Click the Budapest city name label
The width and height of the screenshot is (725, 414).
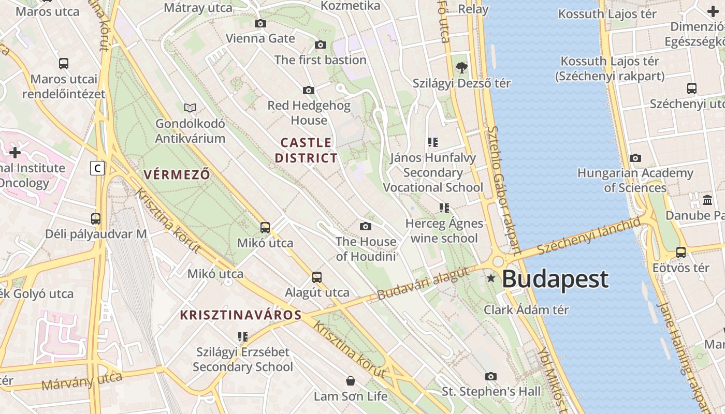(555, 279)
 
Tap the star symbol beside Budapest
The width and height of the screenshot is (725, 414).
(491, 278)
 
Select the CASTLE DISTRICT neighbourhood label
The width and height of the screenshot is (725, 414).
(306, 150)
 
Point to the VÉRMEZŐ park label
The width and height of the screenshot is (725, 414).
(177, 174)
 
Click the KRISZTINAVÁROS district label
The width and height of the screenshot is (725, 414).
(241, 315)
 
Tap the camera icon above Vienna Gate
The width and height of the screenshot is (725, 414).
(260, 23)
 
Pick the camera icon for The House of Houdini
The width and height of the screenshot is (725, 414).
(366, 226)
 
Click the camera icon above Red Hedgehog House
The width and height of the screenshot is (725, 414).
(309, 91)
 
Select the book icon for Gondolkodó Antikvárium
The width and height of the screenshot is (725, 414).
(190, 108)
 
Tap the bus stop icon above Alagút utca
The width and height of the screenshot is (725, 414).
(317, 277)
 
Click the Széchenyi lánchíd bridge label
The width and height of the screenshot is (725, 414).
(589, 236)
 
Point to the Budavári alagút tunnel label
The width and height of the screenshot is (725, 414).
(423, 284)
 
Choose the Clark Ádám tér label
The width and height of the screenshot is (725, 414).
(526, 309)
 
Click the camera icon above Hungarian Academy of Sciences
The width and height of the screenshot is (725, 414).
(635, 158)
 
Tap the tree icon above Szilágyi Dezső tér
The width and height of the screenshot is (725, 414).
(461, 67)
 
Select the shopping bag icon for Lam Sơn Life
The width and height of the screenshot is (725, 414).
(351, 381)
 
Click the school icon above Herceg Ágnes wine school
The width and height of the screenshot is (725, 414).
(444, 208)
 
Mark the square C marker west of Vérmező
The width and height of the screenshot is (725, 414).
(97, 168)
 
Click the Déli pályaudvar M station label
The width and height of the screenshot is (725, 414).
(96, 234)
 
